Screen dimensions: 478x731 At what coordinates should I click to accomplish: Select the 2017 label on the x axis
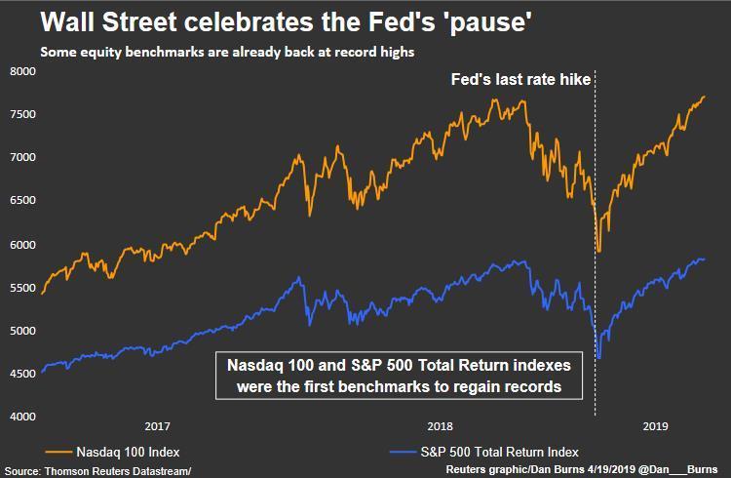point(158,427)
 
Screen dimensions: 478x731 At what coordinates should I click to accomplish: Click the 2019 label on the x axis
point(655,427)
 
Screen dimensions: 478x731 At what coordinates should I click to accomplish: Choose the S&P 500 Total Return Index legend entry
point(487,452)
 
